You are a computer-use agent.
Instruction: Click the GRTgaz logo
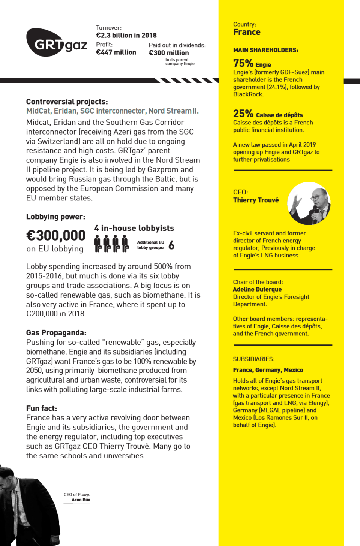(56, 43)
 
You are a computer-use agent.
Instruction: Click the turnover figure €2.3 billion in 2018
(126, 36)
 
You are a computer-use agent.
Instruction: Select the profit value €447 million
(116, 52)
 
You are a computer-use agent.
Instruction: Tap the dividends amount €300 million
(169, 53)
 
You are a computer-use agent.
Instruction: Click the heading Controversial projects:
(67, 102)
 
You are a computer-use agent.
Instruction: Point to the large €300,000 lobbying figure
(56, 236)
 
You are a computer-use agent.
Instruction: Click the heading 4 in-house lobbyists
(134, 228)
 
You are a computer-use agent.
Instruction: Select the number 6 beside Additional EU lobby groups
(171, 245)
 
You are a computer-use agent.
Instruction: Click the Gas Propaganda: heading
(56, 332)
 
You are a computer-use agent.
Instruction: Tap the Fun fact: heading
(42, 408)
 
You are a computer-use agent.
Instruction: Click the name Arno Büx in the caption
(81, 500)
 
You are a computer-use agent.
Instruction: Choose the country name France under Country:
(247, 32)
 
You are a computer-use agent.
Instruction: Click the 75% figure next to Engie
(243, 63)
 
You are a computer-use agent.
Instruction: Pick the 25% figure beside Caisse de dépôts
(243, 114)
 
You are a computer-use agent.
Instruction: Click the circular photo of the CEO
(309, 203)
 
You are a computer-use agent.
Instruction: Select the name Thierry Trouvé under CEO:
(256, 200)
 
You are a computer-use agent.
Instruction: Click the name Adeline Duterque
(257, 289)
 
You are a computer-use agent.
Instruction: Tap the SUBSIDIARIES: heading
(253, 359)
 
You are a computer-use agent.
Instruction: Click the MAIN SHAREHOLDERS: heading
(265, 50)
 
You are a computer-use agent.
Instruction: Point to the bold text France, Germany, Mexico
(268, 370)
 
